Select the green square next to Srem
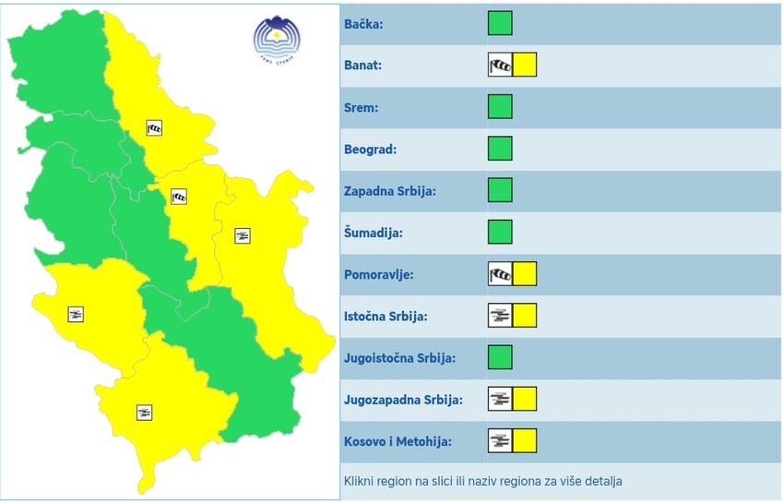pyautogui.click(x=500, y=107)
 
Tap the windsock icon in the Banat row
pyautogui.click(x=499, y=66)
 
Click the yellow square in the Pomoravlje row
pyautogui.click(x=525, y=273)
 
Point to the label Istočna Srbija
pyautogui.click(x=385, y=316)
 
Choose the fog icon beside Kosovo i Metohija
pyautogui.click(x=499, y=440)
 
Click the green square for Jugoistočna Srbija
pyautogui.click(x=500, y=357)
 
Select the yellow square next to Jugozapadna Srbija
pyautogui.click(x=525, y=399)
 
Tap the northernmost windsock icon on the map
pyautogui.click(x=155, y=128)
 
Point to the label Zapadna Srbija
pyautogui.click(x=388, y=191)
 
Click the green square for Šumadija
pyautogui.click(x=500, y=232)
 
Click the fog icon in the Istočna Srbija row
pyautogui.click(x=499, y=316)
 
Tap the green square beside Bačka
pyautogui.click(x=500, y=23)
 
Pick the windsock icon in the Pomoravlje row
pyautogui.click(x=499, y=273)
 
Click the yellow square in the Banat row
pyautogui.click(x=525, y=66)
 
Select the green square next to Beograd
pyautogui.click(x=500, y=149)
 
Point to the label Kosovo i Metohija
pyautogui.click(x=397, y=441)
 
